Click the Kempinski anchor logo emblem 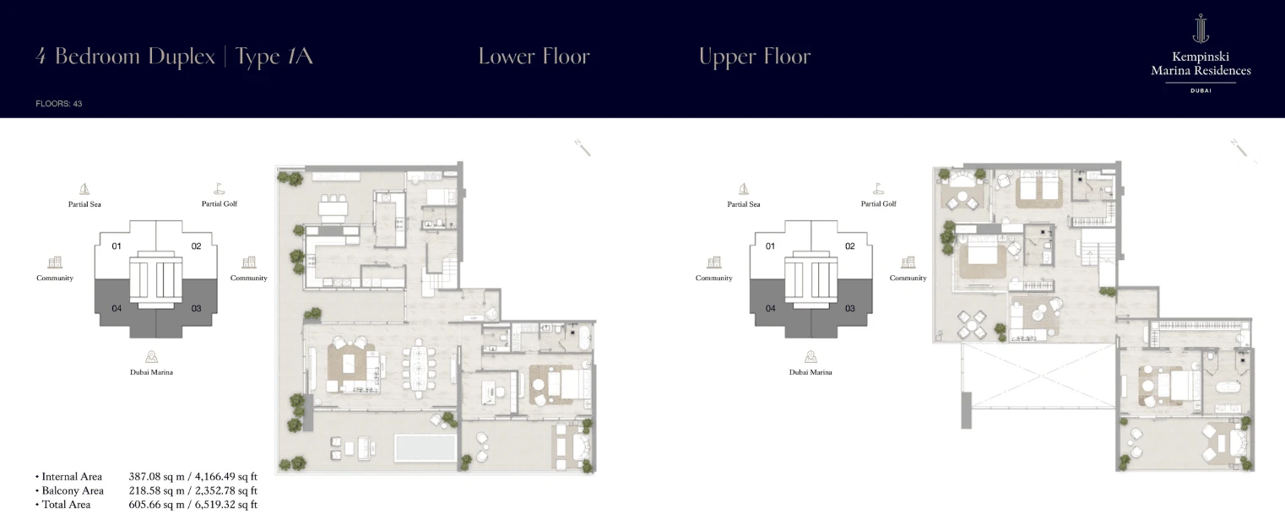click(1201, 29)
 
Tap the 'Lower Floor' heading click(534, 57)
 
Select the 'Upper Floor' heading click(754, 57)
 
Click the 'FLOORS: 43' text click(58, 104)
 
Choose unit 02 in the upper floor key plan click(849, 246)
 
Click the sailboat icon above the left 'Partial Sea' click(84, 189)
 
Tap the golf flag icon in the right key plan click(878, 189)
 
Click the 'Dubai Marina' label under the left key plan click(151, 372)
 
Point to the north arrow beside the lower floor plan click(583, 148)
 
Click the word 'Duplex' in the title click(182, 57)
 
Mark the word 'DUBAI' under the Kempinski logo click(1201, 90)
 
